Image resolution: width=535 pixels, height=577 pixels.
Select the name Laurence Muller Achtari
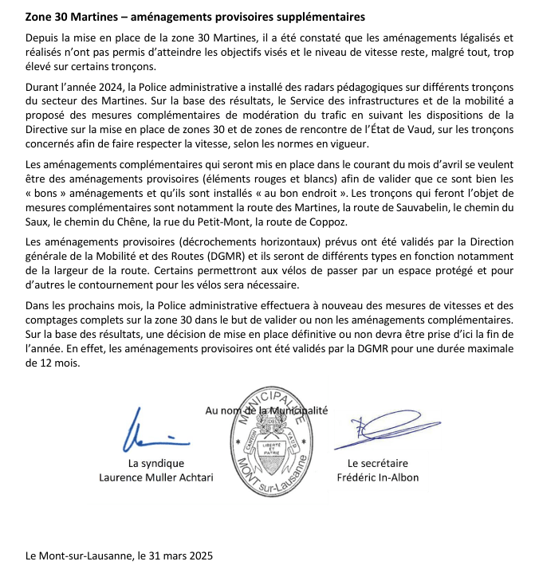point(145,477)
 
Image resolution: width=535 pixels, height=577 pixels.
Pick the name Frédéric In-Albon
point(377,477)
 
